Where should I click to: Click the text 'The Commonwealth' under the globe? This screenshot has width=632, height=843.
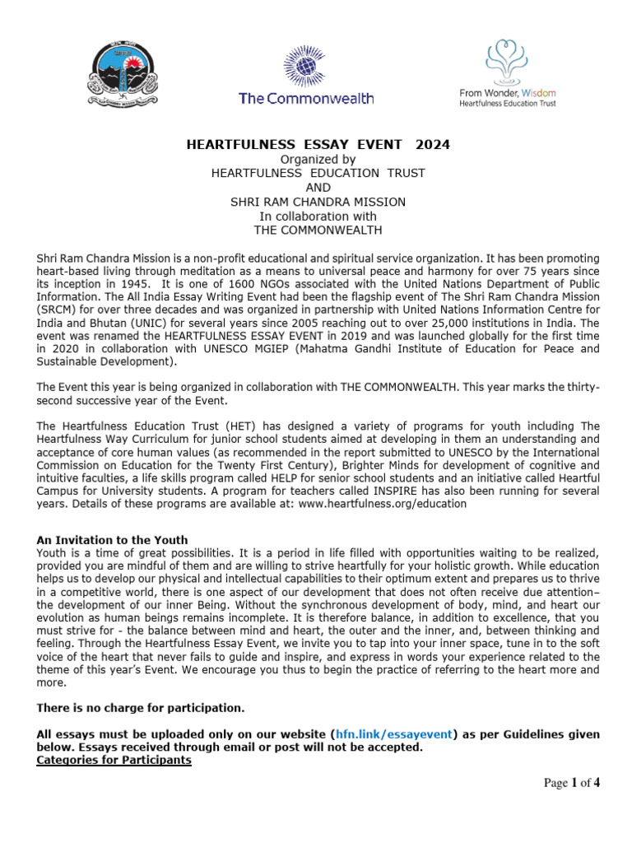(x=306, y=98)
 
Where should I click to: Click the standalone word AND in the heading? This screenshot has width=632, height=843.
(x=318, y=188)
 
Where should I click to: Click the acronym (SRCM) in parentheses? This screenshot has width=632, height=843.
(x=57, y=309)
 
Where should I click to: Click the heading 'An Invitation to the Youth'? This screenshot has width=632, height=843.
(x=112, y=539)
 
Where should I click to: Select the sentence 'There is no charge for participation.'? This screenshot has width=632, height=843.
(x=140, y=707)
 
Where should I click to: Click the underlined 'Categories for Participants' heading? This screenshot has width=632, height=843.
(x=114, y=760)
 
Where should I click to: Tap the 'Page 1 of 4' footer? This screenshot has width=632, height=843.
(x=572, y=783)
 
